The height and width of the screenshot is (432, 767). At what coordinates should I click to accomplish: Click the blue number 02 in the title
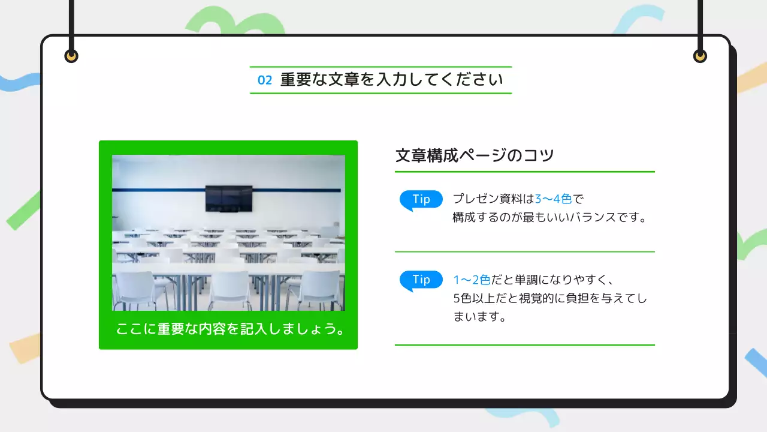pos(265,80)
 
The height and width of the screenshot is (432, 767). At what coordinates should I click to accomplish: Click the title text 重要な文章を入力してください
pos(391,80)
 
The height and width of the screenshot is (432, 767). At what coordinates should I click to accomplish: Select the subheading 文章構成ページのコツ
pos(475,155)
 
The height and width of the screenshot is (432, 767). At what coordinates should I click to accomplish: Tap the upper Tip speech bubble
pos(421,200)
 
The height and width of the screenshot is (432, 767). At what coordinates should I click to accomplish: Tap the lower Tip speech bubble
pos(421,280)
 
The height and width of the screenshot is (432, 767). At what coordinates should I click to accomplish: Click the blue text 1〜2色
pos(472,280)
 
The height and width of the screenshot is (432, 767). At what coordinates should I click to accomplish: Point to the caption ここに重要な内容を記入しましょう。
pos(228,329)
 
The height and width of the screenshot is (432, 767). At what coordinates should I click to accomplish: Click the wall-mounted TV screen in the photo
pos(229,198)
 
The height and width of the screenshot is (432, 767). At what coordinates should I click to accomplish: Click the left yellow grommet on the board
pos(71,56)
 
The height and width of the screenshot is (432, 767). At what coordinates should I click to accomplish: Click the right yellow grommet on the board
pos(700,56)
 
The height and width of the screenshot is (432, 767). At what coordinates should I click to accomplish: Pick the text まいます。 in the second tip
pos(479,317)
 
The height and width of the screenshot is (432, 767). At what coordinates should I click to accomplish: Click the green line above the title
pos(381,67)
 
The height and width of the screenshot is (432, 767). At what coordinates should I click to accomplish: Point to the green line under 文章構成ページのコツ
pos(524,172)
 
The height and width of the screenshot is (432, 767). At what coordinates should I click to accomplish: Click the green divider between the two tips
pos(524,252)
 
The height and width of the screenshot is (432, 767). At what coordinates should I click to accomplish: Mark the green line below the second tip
pos(524,345)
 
